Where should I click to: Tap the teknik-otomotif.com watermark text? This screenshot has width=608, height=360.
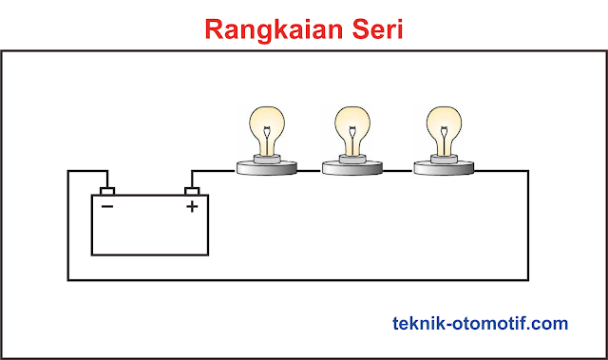pos(481,324)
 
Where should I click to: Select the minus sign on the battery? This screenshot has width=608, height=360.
pos(107,206)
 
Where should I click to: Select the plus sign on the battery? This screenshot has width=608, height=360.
pos(192,206)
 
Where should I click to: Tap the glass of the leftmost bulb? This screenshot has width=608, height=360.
pos(266,124)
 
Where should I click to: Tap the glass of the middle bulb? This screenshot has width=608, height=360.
pos(353,124)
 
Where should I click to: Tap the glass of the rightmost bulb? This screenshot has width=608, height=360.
pos(443,124)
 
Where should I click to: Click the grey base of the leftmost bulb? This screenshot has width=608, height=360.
pos(266,169)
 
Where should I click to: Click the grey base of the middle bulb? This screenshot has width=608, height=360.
pos(353,169)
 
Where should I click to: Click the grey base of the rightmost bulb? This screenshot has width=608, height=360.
pos(443,169)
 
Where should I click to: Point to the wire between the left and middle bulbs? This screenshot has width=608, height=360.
pos(310,170)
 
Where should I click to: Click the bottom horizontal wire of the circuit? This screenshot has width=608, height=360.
pos(285,279)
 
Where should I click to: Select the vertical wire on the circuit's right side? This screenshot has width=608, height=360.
pos(528,228)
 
